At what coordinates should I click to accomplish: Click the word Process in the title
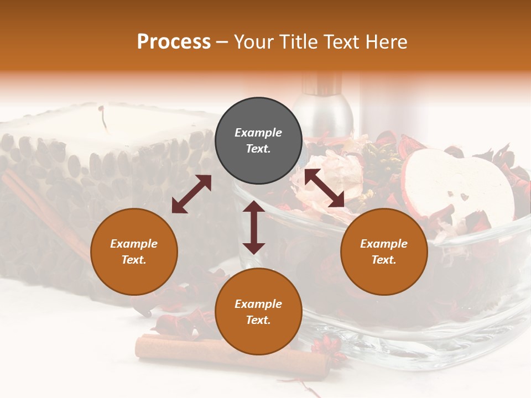[x=174, y=42]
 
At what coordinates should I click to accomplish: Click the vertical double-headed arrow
[x=253, y=227]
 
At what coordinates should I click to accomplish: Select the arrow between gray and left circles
[x=191, y=194]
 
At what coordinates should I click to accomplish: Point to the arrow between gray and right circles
[x=324, y=188]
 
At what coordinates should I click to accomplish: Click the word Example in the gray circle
[x=258, y=133]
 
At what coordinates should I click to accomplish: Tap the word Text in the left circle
[x=134, y=260]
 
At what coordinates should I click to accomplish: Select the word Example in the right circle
[x=384, y=244]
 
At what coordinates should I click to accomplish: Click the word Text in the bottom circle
[x=258, y=320]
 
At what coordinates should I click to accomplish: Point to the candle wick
[x=102, y=116]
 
